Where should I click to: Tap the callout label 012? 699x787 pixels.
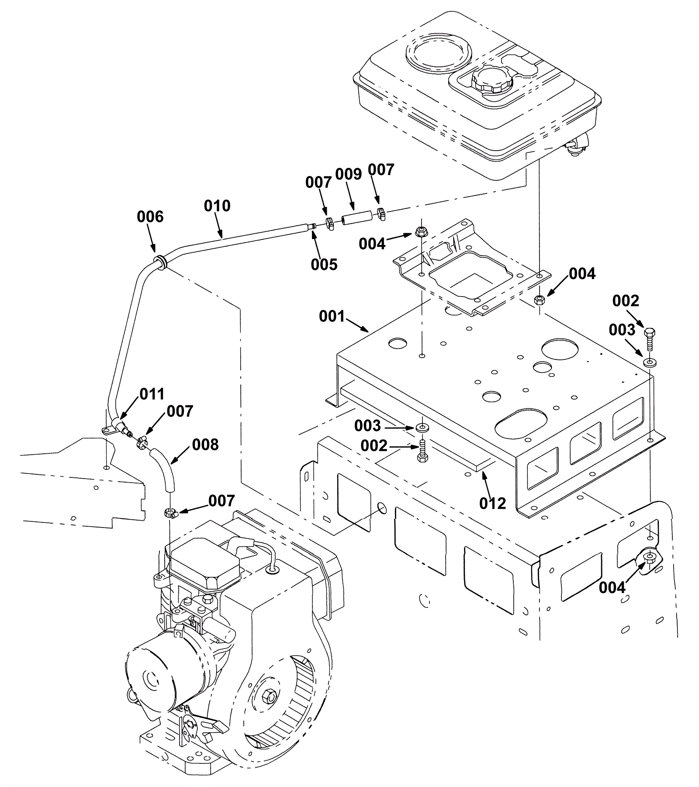492,503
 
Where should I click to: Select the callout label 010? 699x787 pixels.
217,206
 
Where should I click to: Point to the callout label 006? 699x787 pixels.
150,217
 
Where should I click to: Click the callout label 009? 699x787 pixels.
349,174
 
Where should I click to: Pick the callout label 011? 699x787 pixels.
152,394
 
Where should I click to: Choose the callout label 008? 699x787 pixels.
205,445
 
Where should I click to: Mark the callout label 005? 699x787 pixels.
324,264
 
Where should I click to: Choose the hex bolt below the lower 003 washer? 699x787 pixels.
422,451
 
